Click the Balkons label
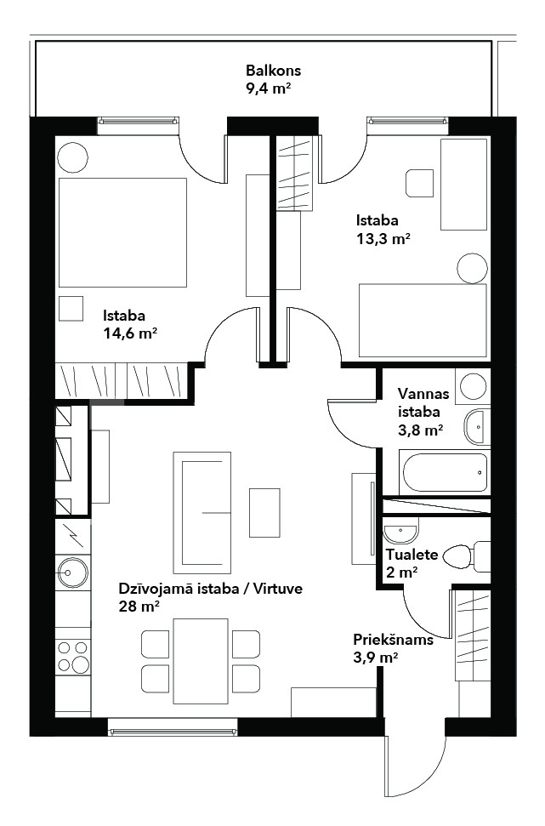(273, 70)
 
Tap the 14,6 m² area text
(130, 333)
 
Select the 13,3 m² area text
(383, 239)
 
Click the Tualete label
(412, 554)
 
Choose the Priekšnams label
(394, 640)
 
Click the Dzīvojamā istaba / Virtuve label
(211, 589)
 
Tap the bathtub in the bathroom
(444, 472)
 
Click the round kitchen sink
(72, 572)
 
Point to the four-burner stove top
(73, 656)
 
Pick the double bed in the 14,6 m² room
(122, 232)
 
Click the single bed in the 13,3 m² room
(423, 321)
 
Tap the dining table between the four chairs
(201, 661)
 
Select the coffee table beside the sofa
(264, 513)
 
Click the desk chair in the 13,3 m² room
(420, 184)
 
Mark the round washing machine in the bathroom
(473, 386)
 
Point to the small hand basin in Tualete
(400, 532)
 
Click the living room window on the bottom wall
(173, 727)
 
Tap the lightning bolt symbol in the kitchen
(73, 536)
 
